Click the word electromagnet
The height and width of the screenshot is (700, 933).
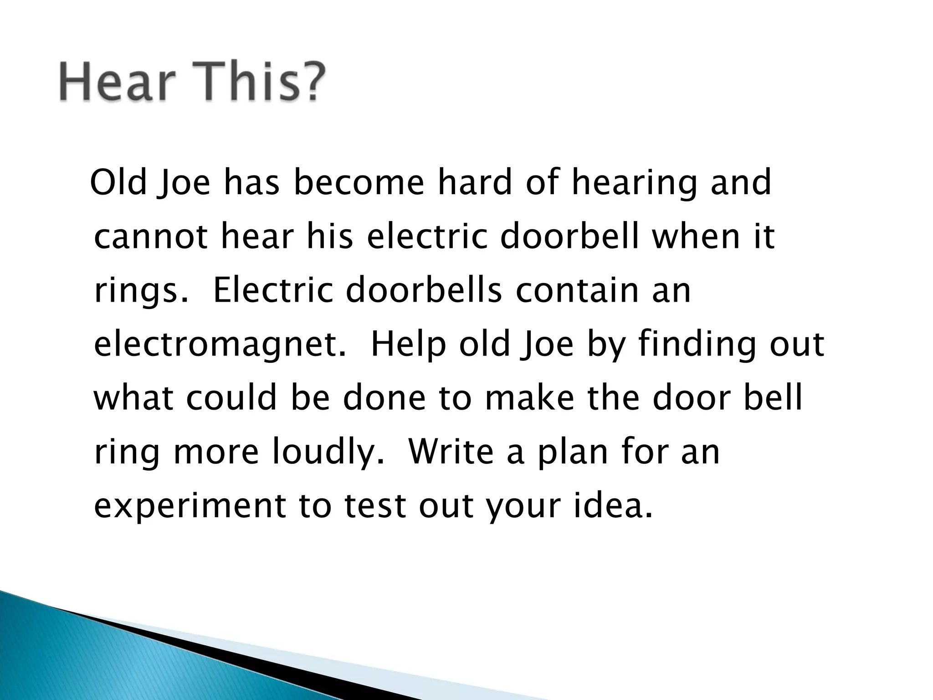[x=219, y=345]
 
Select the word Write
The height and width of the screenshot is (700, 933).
[x=451, y=451]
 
